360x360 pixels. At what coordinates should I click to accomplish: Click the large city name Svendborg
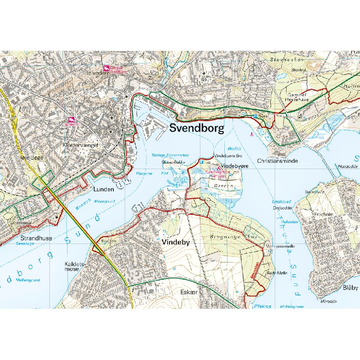(x=197, y=128)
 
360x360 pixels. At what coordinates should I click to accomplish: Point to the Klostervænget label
(x=81, y=146)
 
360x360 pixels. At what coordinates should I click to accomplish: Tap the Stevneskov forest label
(x=283, y=59)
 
